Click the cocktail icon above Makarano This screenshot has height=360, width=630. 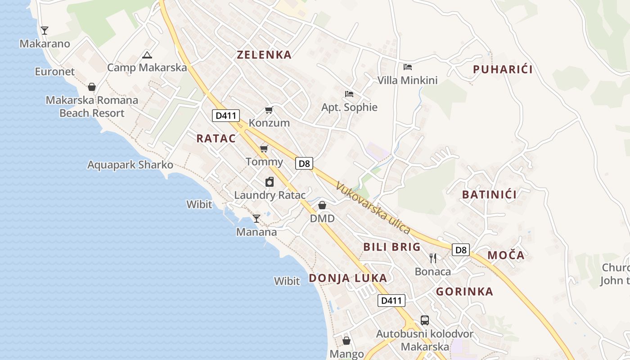(44, 31)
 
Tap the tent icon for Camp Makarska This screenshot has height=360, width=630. (147, 55)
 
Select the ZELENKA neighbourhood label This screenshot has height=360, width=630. (264, 55)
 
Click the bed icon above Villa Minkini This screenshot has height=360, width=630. (408, 67)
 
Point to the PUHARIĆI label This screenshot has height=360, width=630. (503, 69)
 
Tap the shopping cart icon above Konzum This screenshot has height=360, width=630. (269, 110)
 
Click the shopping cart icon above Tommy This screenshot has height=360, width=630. (264, 148)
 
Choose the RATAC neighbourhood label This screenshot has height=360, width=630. (216, 139)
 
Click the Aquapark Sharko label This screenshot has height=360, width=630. (130, 165)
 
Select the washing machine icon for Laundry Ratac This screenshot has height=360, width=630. (270, 182)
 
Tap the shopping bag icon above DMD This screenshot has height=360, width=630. (322, 206)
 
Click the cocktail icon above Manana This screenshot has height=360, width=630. (256, 219)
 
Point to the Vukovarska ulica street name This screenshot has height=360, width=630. (373, 208)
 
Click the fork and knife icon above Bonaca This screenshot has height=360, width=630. (433, 258)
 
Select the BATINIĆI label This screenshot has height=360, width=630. (490, 195)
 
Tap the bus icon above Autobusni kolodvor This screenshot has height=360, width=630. (425, 320)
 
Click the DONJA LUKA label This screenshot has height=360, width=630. (348, 278)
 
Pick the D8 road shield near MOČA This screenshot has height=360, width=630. (461, 250)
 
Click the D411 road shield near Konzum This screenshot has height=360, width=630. (226, 116)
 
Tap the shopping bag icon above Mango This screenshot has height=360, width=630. (346, 341)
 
